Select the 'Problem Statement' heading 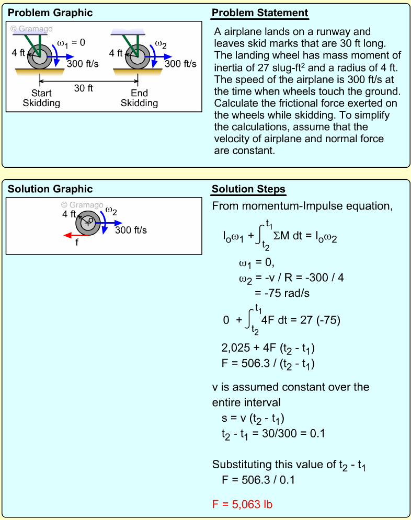(x=260, y=13)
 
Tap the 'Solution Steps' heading (x=248, y=189)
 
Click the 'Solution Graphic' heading (x=50, y=189)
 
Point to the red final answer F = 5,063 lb (x=242, y=504)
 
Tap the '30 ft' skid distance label (x=83, y=88)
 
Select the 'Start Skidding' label (x=41, y=98)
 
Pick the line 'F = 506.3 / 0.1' (x=258, y=479)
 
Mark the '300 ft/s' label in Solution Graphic (x=131, y=230)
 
